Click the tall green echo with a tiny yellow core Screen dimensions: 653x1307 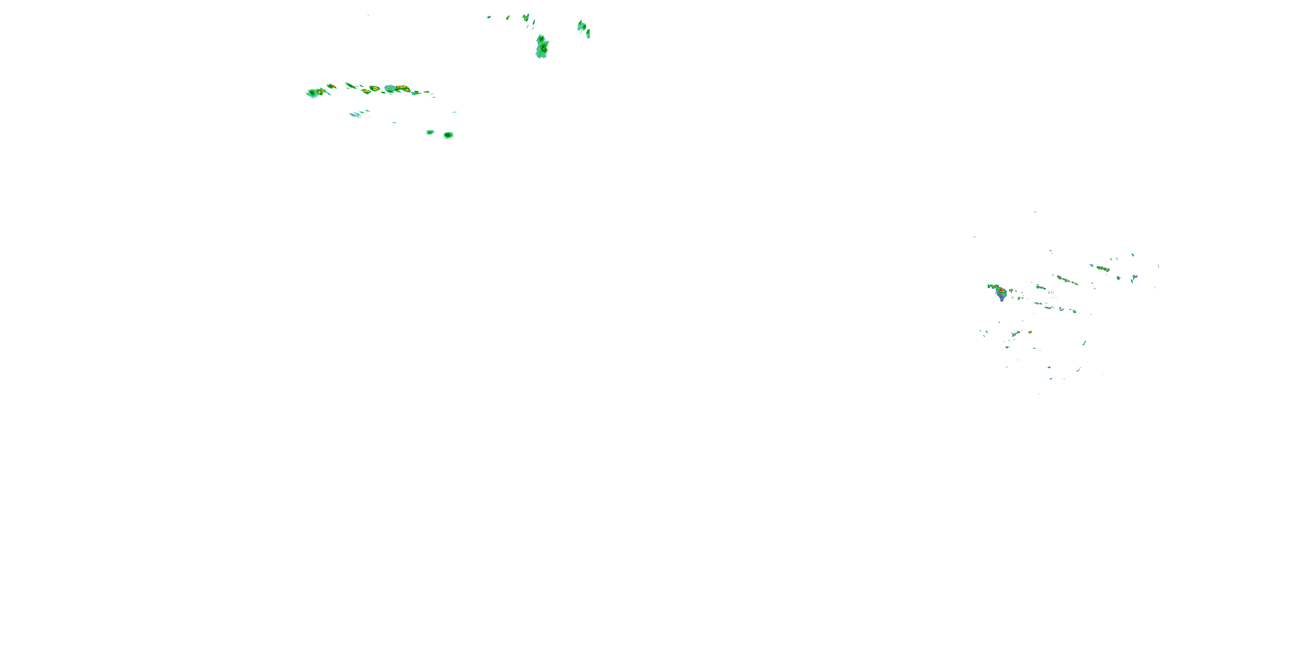(x=542, y=47)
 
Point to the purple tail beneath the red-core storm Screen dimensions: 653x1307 (x=1002, y=298)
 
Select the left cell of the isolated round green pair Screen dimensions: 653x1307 (x=430, y=132)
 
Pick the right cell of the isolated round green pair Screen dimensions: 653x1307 (x=448, y=135)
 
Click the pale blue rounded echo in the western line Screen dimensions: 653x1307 (x=389, y=89)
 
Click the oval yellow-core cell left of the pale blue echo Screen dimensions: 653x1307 (x=374, y=88)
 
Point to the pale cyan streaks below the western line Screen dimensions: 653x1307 (x=355, y=114)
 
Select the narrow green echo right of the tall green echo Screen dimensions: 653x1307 (x=588, y=34)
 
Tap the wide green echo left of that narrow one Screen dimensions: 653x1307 (x=582, y=25)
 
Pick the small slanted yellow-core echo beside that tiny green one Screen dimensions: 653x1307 (x=508, y=18)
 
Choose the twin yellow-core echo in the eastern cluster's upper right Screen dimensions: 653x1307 (x=1102, y=268)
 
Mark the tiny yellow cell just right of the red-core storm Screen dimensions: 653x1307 (x=1011, y=290)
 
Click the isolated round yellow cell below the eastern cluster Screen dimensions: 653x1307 (x=1030, y=332)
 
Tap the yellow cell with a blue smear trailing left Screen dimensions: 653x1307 (x=1047, y=307)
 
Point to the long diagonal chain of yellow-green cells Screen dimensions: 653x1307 (x=1067, y=280)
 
